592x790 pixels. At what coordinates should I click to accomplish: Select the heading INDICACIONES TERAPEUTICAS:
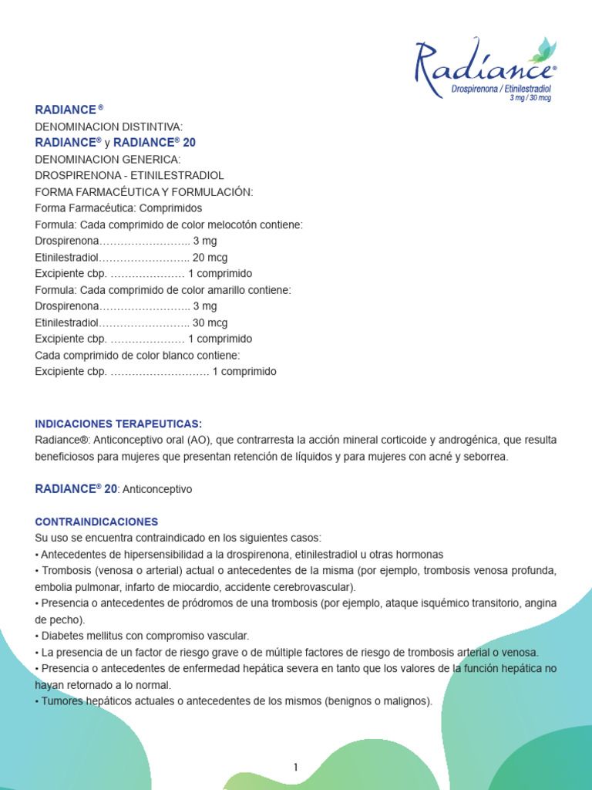(x=119, y=424)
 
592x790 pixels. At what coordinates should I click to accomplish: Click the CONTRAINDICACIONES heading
(x=96, y=522)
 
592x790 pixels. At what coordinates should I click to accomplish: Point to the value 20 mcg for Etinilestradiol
(x=210, y=258)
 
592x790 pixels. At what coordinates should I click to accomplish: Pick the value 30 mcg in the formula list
(x=210, y=322)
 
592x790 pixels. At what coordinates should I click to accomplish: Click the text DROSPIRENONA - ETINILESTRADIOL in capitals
(x=129, y=176)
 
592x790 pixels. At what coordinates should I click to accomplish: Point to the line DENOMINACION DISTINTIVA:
(x=109, y=127)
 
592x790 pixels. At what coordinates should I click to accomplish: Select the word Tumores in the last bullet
(x=60, y=701)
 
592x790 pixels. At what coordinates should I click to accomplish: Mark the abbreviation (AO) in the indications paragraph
(x=197, y=440)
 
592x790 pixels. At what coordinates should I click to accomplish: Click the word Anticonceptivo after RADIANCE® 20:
(x=156, y=489)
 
